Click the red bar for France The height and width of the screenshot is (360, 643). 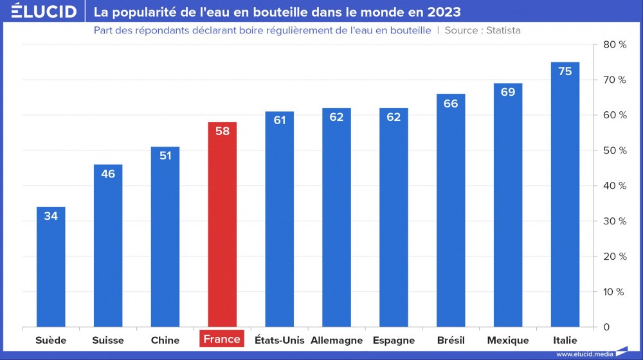[222, 225]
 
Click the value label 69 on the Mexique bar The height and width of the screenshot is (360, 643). [508, 92]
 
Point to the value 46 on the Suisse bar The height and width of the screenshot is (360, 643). [108, 174]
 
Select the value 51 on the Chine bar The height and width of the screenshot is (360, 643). [165, 156]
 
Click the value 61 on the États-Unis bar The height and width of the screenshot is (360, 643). [280, 120]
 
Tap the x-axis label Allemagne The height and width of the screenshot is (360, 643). [336, 340]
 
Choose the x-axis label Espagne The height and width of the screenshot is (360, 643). [394, 340]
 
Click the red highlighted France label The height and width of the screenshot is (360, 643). [222, 339]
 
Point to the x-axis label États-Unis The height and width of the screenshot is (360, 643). [280, 340]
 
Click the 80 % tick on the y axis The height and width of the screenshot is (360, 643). [614, 44]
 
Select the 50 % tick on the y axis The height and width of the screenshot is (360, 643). [614, 150]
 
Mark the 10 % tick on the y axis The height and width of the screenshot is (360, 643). [614, 292]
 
